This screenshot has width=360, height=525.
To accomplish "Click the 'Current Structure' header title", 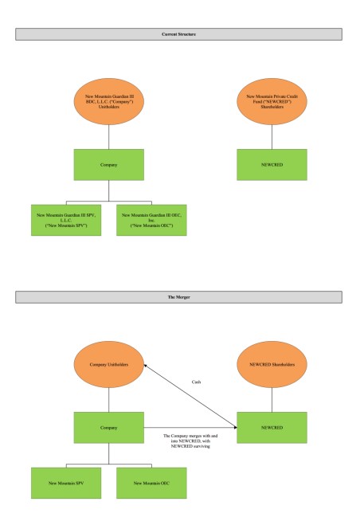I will tap(179, 34).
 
